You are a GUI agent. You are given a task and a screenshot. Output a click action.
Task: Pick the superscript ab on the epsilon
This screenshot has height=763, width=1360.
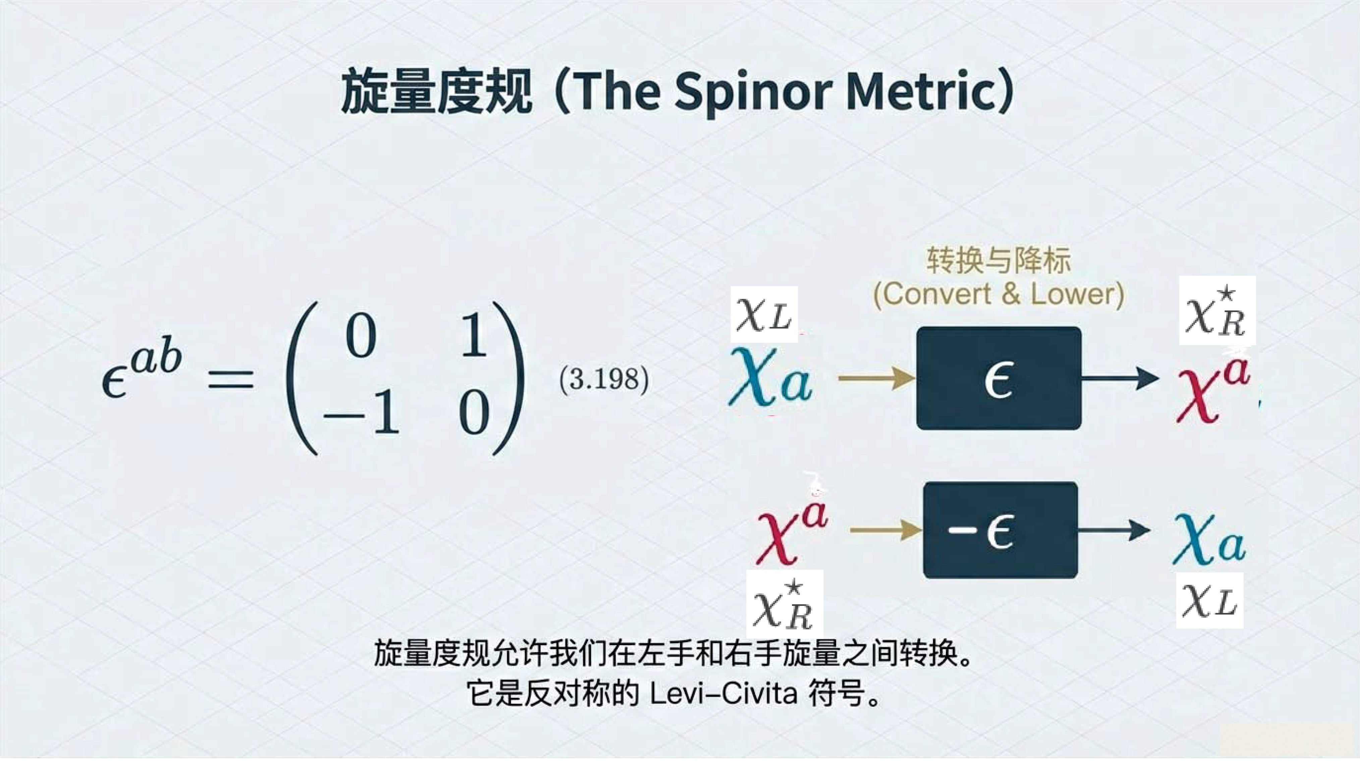coord(156,359)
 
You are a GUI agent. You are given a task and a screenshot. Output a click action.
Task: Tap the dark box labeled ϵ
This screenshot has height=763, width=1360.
coord(998,378)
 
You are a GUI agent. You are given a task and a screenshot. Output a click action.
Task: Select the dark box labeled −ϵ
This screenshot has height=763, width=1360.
coord(1000,530)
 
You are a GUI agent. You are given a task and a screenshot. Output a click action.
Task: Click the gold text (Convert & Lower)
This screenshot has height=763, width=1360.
coord(998,295)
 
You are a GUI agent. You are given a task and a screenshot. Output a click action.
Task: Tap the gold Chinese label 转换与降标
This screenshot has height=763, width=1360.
coord(998,261)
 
